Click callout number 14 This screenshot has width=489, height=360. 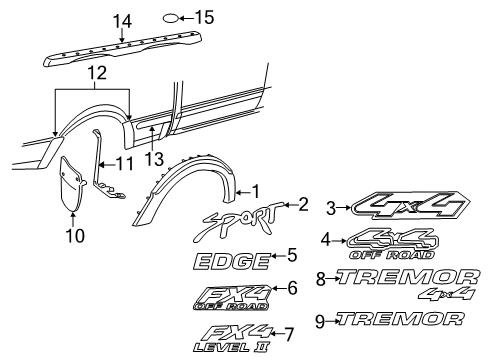coord(122,19)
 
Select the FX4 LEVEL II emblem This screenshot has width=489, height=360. coord(227,335)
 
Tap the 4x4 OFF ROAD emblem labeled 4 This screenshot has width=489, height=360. coord(392,241)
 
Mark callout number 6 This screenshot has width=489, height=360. coord(292,289)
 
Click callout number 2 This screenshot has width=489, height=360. coord(303,204)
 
